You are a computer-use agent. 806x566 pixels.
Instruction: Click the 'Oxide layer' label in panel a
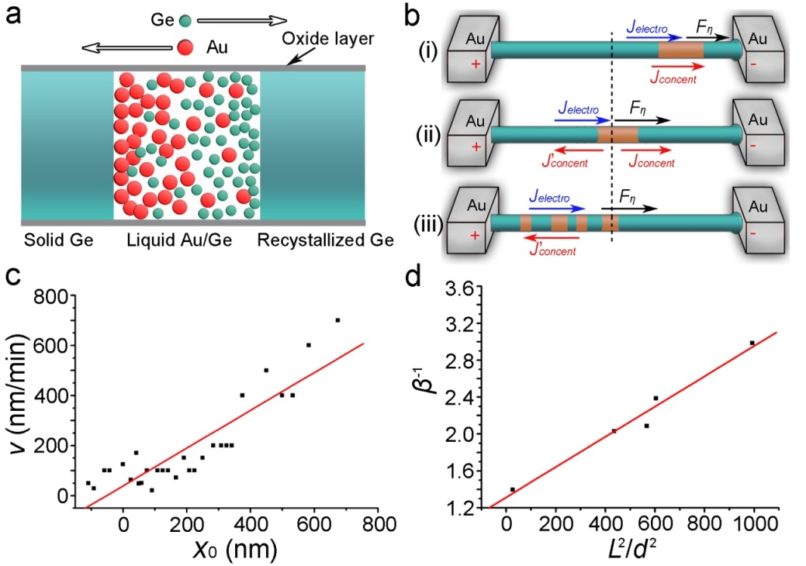(327, 39)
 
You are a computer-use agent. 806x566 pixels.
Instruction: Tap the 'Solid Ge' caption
(59, 240)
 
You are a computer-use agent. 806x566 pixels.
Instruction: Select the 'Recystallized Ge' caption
(325, 240)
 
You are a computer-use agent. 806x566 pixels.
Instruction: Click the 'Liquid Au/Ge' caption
(179, 240)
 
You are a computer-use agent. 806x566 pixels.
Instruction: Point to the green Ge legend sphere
(185, 20)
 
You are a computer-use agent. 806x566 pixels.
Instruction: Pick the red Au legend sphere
(185, 47)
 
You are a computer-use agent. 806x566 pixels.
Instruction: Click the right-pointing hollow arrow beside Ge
(242, 20)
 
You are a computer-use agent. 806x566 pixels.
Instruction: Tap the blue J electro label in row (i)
(647, 28)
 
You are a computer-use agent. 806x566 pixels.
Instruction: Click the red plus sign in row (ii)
(476, 147)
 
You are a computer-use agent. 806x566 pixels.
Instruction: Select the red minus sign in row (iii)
(753, 233)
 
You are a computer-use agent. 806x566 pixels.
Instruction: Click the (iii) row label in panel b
(429, 225)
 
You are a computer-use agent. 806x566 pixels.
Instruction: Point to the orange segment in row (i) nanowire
(681, 50)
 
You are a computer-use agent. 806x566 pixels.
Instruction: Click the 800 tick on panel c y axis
(51, 296)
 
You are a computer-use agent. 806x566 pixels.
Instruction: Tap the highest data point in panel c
(337, 320)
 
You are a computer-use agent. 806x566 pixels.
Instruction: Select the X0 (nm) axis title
(235, 549)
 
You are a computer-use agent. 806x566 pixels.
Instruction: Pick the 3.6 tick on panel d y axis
(460, 288)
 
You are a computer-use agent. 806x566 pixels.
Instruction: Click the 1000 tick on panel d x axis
(753, 524)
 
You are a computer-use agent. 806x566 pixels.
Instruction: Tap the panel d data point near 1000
(752, 343)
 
